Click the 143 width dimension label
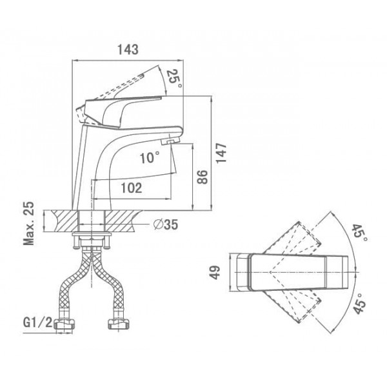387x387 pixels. click(x=128, y=50)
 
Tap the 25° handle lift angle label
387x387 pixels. click(x=175, y=79)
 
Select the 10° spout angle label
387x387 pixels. click(x=150, y=157)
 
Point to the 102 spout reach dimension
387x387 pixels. click(x=132, y=188)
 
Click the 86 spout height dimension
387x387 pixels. click(x=203, y=177)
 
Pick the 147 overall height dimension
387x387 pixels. click(x=221, y=153)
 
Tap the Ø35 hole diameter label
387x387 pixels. click(x=166, y=224)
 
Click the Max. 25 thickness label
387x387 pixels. click(x=28, y=224)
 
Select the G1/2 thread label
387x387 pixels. click(x=37, y=322)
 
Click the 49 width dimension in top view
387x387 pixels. click(x=215, y=272)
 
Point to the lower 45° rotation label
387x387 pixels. click(x=359, y=303)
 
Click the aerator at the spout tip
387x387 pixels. click(x=170, y=142)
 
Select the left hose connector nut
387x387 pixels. click(x=64, y=324)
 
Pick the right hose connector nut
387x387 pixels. click(x=119, y=324)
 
